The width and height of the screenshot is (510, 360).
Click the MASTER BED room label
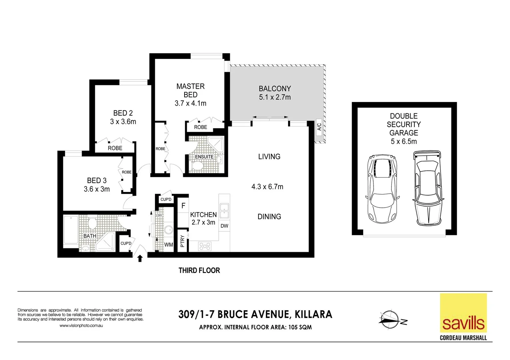click(190, 90)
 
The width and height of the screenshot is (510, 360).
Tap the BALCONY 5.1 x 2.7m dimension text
click(275, 97)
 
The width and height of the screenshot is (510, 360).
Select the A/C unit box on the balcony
click(319, 127)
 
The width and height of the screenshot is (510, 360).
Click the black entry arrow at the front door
click(140, 258)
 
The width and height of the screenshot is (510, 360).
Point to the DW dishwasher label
click(224, 226)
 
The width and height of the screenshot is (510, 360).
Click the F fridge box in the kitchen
click(183, 206)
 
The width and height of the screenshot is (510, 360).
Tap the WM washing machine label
click(169, 245)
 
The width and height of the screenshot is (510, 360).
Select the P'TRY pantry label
click(182, 241)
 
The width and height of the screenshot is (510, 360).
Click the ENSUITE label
click(204, 157)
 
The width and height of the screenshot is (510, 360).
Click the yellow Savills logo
click(463, 313)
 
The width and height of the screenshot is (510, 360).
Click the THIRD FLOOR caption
click(199, 270)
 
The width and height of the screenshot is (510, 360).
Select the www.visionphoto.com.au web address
click(81, 325)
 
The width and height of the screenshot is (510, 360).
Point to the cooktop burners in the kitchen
click(205, 246)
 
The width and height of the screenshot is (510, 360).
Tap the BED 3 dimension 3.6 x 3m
click(97, 189)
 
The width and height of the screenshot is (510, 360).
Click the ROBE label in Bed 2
click(115, 148)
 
